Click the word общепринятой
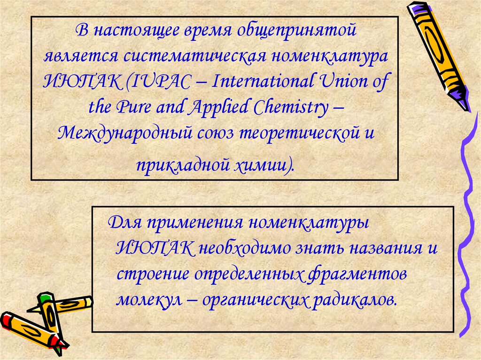coord(298,32)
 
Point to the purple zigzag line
coord(467,211)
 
